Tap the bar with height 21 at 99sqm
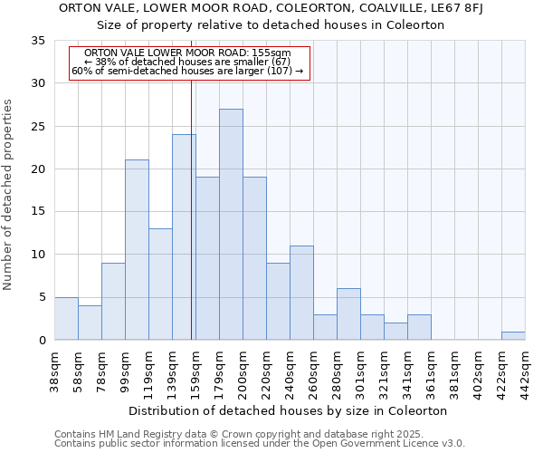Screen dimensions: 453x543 coord(137,250)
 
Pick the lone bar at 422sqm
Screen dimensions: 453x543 coord(513,335)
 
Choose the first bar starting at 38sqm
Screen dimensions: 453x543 coord(66,319)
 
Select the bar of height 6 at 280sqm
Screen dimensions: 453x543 coord(348,314)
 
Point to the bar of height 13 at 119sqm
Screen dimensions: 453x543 coord(160,284)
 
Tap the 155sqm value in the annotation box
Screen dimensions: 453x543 coord(271,53)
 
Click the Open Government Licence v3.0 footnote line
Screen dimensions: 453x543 coord(260,443)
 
